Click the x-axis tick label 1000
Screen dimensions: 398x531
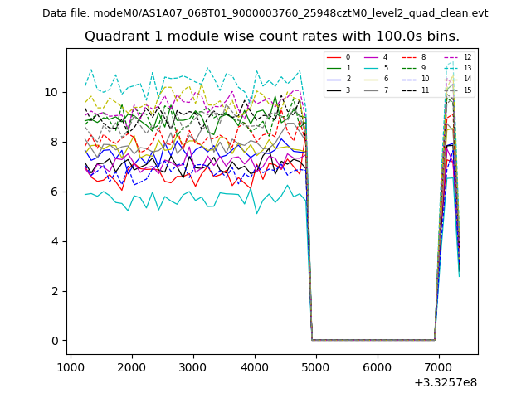71,368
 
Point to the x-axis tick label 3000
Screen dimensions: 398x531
193,368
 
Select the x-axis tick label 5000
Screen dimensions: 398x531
316,368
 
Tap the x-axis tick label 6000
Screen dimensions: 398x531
378,368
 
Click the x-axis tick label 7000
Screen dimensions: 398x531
439,368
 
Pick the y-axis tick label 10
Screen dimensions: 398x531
52,92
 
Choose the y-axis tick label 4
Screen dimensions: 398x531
56,241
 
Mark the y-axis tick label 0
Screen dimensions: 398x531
56,341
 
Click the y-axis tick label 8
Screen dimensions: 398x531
56,142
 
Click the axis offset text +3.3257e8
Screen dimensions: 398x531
445,382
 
